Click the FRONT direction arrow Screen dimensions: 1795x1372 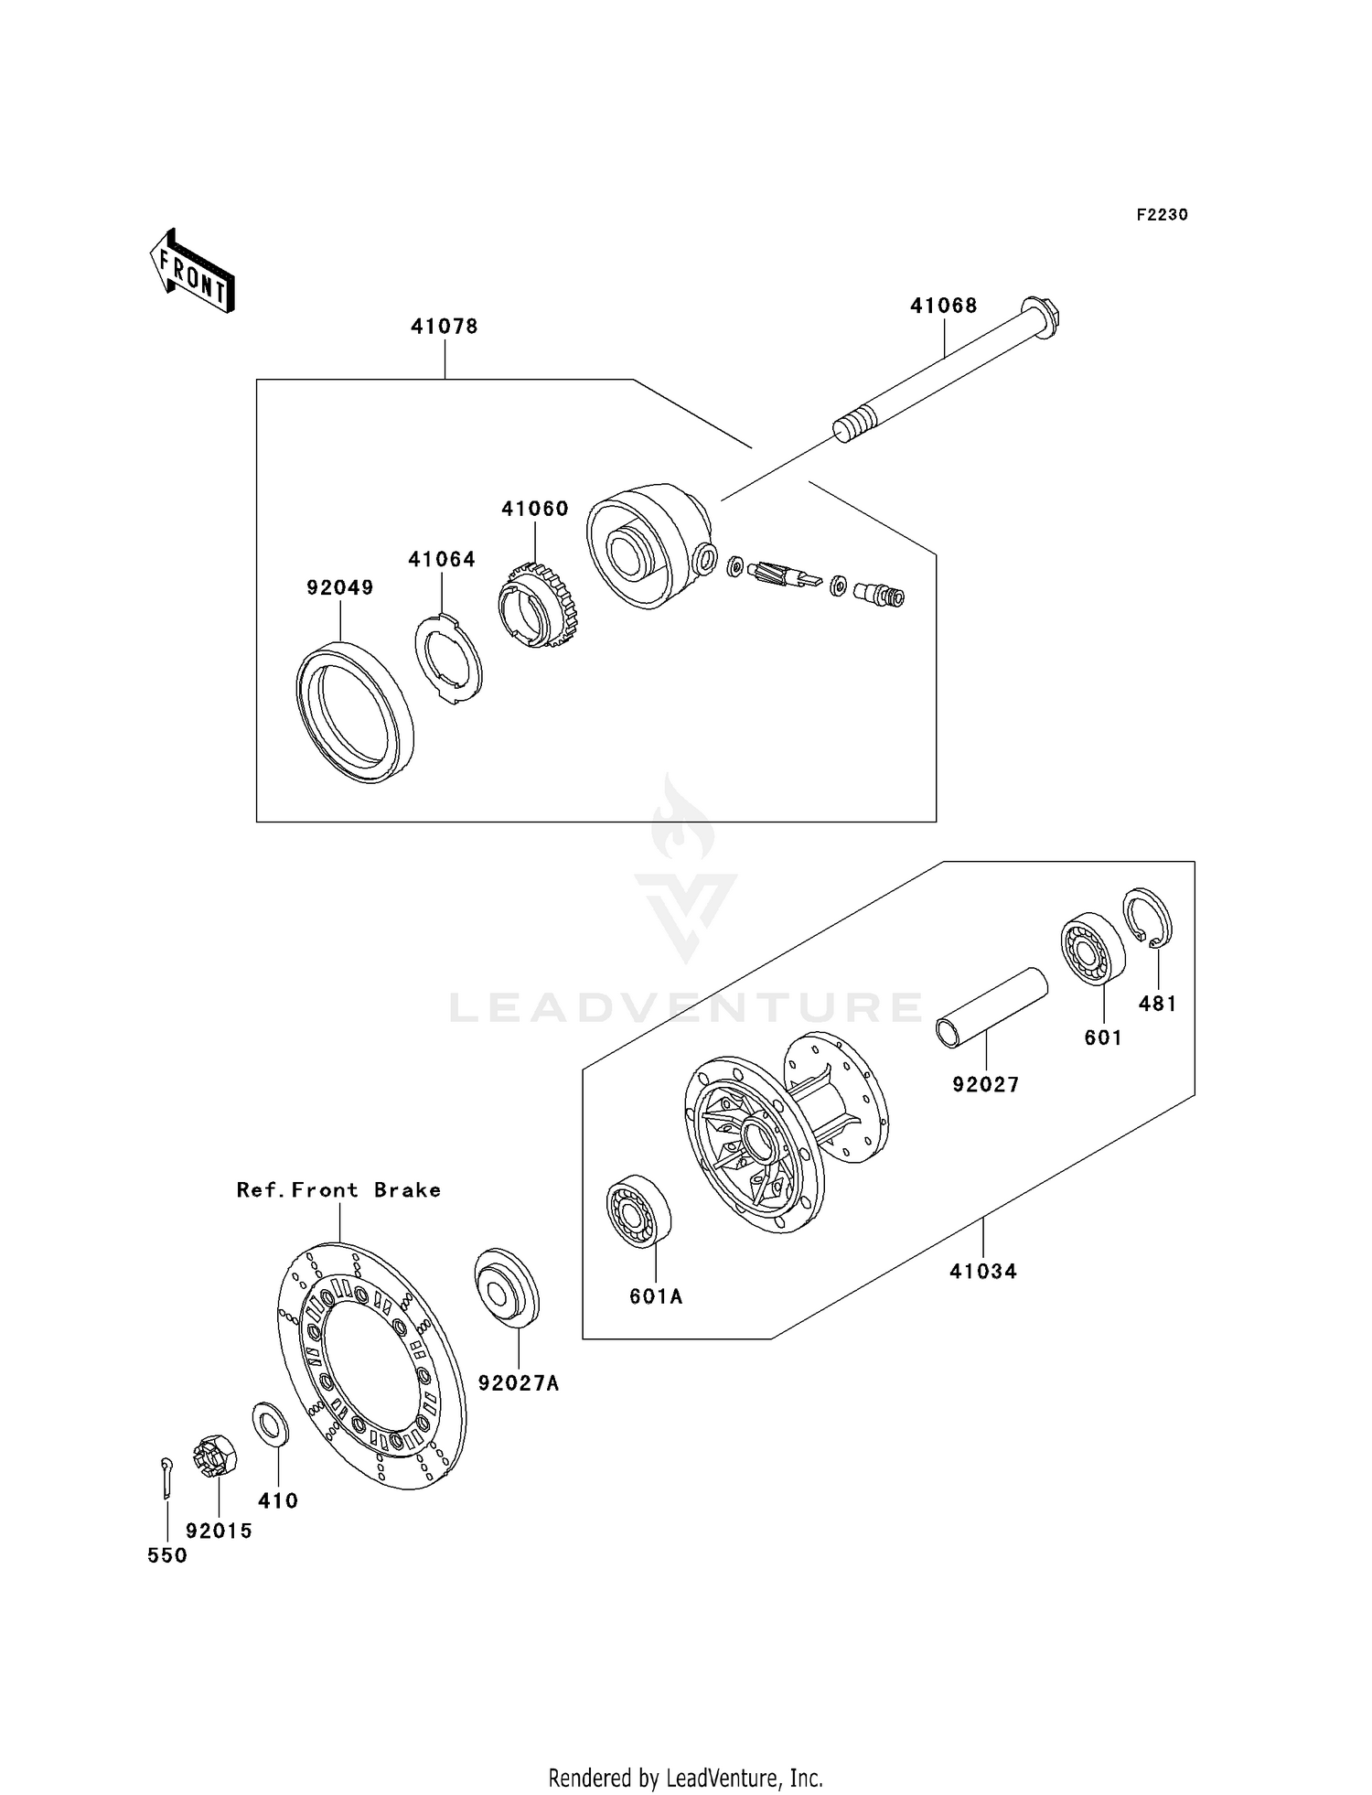tap(192, 273)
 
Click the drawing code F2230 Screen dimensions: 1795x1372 tap(1162, 215)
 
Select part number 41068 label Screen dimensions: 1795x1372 tap(943, 306)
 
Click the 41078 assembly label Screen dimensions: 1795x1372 tap(445, 327)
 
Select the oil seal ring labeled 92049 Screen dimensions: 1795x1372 tap(355, 713)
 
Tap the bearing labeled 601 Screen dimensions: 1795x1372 tap(1092, 948)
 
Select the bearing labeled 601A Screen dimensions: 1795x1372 tap(639, 1210)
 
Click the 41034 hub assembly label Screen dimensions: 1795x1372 tap(983, 1271)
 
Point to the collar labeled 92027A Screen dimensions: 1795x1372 tap(507, 1285)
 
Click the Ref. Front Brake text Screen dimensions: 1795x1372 tap(338, 1190)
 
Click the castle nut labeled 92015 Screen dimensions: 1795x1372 tap(216, 1454)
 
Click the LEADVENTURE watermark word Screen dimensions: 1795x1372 tap(686, 1007)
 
